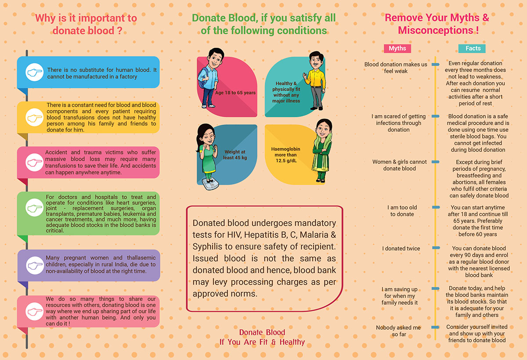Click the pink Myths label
point(397,48)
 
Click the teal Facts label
point(472,48)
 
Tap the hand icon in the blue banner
point(34,72)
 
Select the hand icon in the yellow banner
point(34,117)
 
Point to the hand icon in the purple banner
point(35,266)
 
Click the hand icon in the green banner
point(34,207)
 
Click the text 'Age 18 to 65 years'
point(235,93)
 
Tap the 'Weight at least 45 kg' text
point(235,155)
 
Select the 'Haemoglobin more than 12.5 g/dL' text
point(285,155)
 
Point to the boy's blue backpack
point(202,78)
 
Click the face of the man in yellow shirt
point(316,61)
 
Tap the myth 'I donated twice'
point(401,248)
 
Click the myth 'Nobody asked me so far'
point(398,331)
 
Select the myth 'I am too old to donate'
point(402,211)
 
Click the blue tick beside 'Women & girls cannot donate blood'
point(436,162)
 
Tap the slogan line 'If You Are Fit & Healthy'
point(262,342)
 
